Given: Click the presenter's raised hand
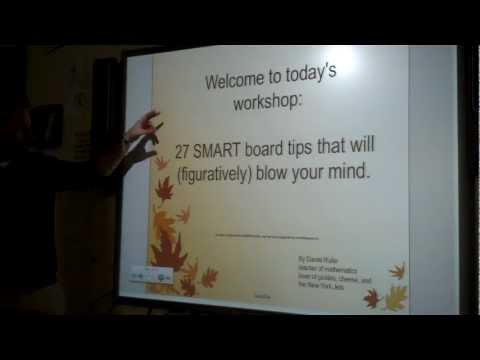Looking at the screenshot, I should (142, 128).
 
